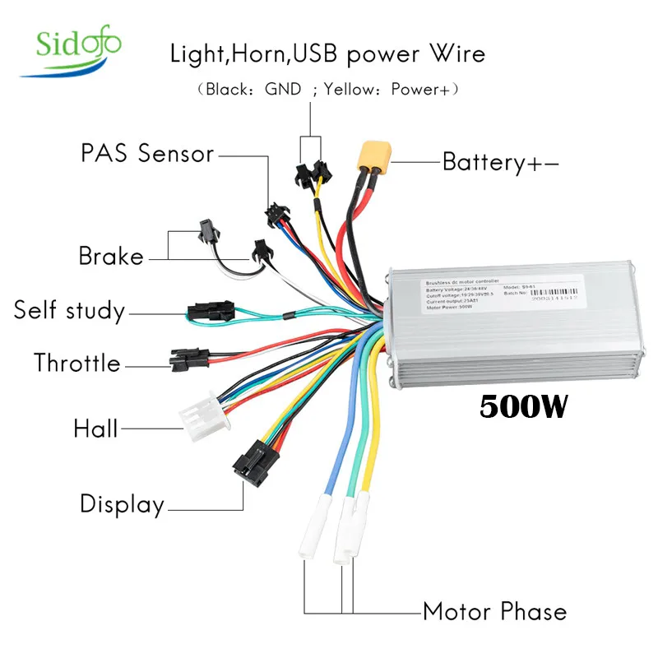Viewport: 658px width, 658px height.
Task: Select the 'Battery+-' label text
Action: click(500, 161)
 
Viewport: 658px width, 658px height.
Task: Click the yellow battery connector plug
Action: click(373, 158)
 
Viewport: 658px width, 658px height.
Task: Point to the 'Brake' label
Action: click(110, 256)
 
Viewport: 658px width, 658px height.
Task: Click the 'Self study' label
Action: click(69, 311)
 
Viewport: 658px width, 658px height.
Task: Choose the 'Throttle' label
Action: click(76, 363)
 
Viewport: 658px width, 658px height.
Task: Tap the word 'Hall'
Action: click(95, 428)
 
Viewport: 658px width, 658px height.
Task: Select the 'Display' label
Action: click(122, 503)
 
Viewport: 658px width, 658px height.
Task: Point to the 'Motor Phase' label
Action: click(494, 612)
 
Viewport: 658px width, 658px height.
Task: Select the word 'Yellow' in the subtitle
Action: click(349, 88)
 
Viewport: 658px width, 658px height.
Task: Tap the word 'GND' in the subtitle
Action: click(282, 88)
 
